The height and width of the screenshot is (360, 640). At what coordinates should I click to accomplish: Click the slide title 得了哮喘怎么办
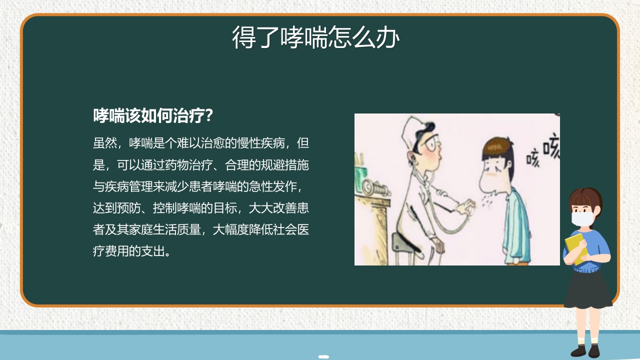click(x=315, y=37)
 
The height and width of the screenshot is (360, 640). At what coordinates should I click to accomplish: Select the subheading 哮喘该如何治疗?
click(x=153, y=116)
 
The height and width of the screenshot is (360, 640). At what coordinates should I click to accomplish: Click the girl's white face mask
click(x=582, y=218)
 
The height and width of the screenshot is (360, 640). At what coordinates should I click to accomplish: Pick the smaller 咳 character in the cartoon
click(x=533, y=160)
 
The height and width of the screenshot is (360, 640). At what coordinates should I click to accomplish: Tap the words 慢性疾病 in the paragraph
click(x=261, y=143)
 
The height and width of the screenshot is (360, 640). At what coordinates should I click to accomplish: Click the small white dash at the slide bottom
click(x=324, y=356)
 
